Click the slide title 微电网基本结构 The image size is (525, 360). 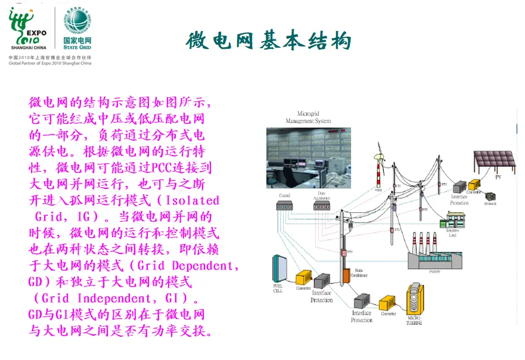point(268,41)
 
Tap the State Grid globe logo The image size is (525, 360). point(77,21)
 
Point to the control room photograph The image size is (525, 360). point(300,157)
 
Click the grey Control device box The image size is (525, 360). point(284,206)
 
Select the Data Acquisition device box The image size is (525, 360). point(322,206)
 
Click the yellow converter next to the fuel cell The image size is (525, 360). point(303,277)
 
